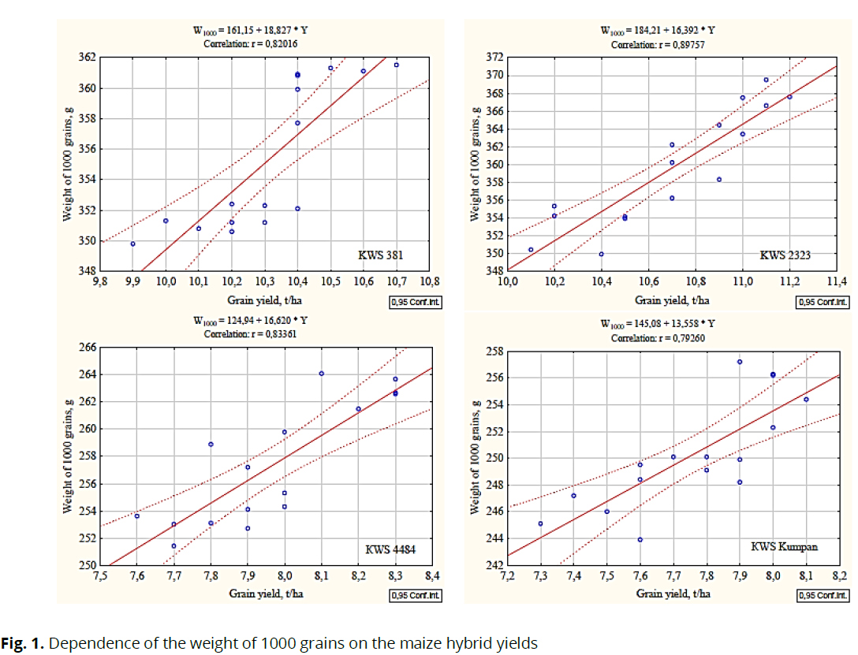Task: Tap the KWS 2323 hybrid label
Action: pos(785,255)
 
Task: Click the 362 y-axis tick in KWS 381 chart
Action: pos(86,58)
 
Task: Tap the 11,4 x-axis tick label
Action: pos(837,281)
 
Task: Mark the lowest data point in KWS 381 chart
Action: pos(132,244)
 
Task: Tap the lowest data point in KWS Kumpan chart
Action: pos(640,540)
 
